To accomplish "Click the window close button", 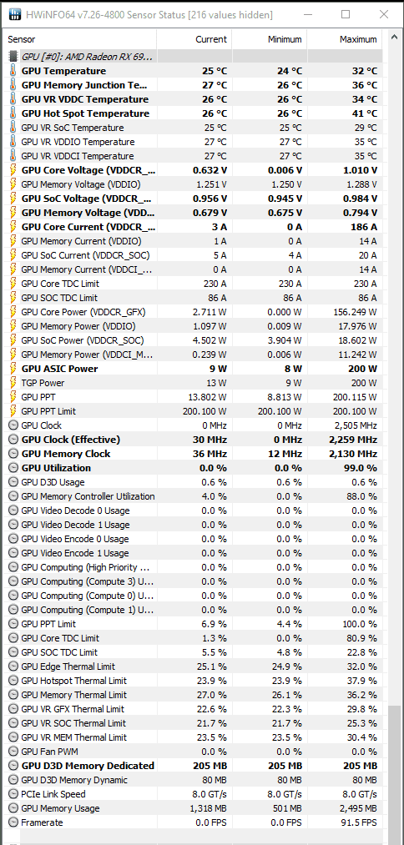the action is (x=383, y=14).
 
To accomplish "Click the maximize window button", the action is (x=346, y=14).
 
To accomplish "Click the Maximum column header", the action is (x=358, y=39).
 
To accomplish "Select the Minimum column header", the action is (x=285, y=39).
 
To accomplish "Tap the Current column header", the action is (x=211, y=39).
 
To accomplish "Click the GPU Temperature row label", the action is (x=63, y=71).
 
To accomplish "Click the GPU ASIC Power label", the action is (x=59, y=369).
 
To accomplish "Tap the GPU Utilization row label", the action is (x=56, y=468).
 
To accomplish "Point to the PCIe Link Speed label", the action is (x=53, y=794).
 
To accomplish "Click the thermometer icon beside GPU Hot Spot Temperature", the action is (x=13, y=113).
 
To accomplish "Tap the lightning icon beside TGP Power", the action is (x=13, y=383).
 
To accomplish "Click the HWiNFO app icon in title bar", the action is (x=15, y=14).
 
